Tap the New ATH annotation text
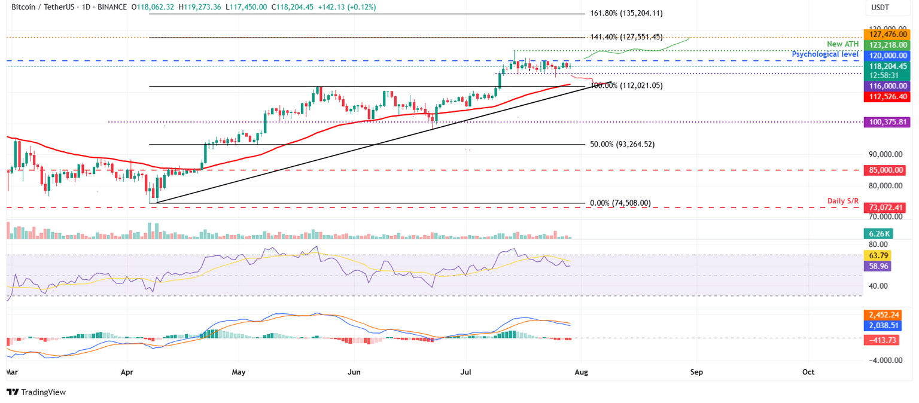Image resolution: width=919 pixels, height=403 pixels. tap(842, 44)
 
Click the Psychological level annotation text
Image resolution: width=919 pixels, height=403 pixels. tap(825, 54)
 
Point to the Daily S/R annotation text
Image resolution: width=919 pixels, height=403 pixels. tap(843, 201)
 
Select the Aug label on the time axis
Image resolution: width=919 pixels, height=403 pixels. tap(581, 372)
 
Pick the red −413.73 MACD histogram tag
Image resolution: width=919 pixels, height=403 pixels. tap(883, 340)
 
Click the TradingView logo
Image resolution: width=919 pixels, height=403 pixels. tap(36, 392)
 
